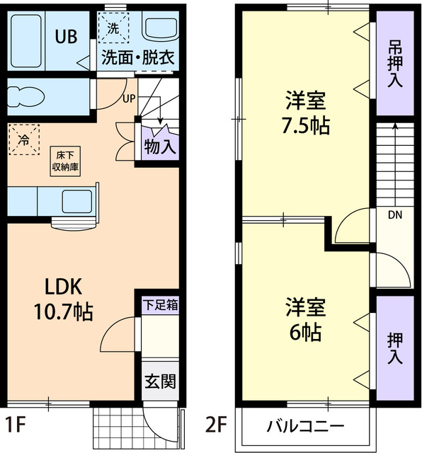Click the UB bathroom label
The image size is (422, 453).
67,37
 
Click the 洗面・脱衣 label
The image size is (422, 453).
137,58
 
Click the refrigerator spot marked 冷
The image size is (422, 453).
23,139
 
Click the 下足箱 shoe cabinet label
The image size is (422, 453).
161,305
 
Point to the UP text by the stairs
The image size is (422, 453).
129,98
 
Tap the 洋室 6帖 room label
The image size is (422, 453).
305,319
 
